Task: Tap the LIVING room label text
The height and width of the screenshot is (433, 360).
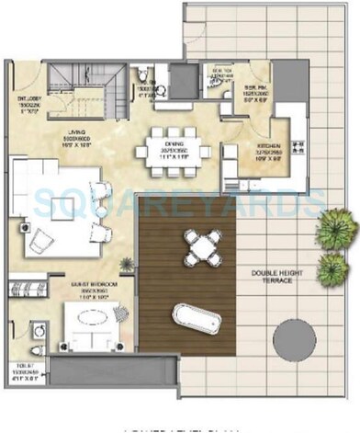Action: (85, 139)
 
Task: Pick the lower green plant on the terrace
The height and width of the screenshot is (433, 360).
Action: (333, 268)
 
